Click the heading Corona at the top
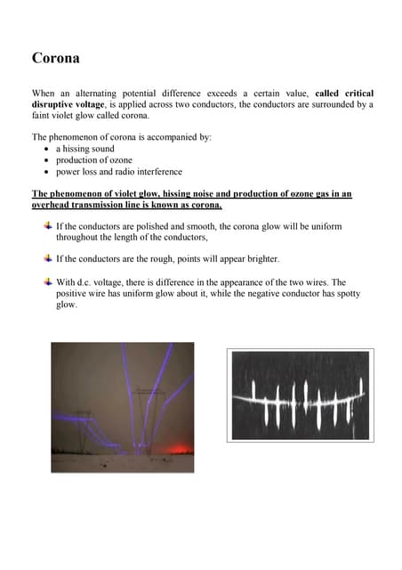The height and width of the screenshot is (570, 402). tap(56, 59)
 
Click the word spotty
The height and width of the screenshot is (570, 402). tap(342, 293)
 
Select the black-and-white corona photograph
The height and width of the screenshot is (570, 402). tap(301, 395)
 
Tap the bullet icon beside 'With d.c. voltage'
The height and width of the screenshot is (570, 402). tap(47, 281)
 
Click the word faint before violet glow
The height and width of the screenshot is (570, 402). tap(45, 116)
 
